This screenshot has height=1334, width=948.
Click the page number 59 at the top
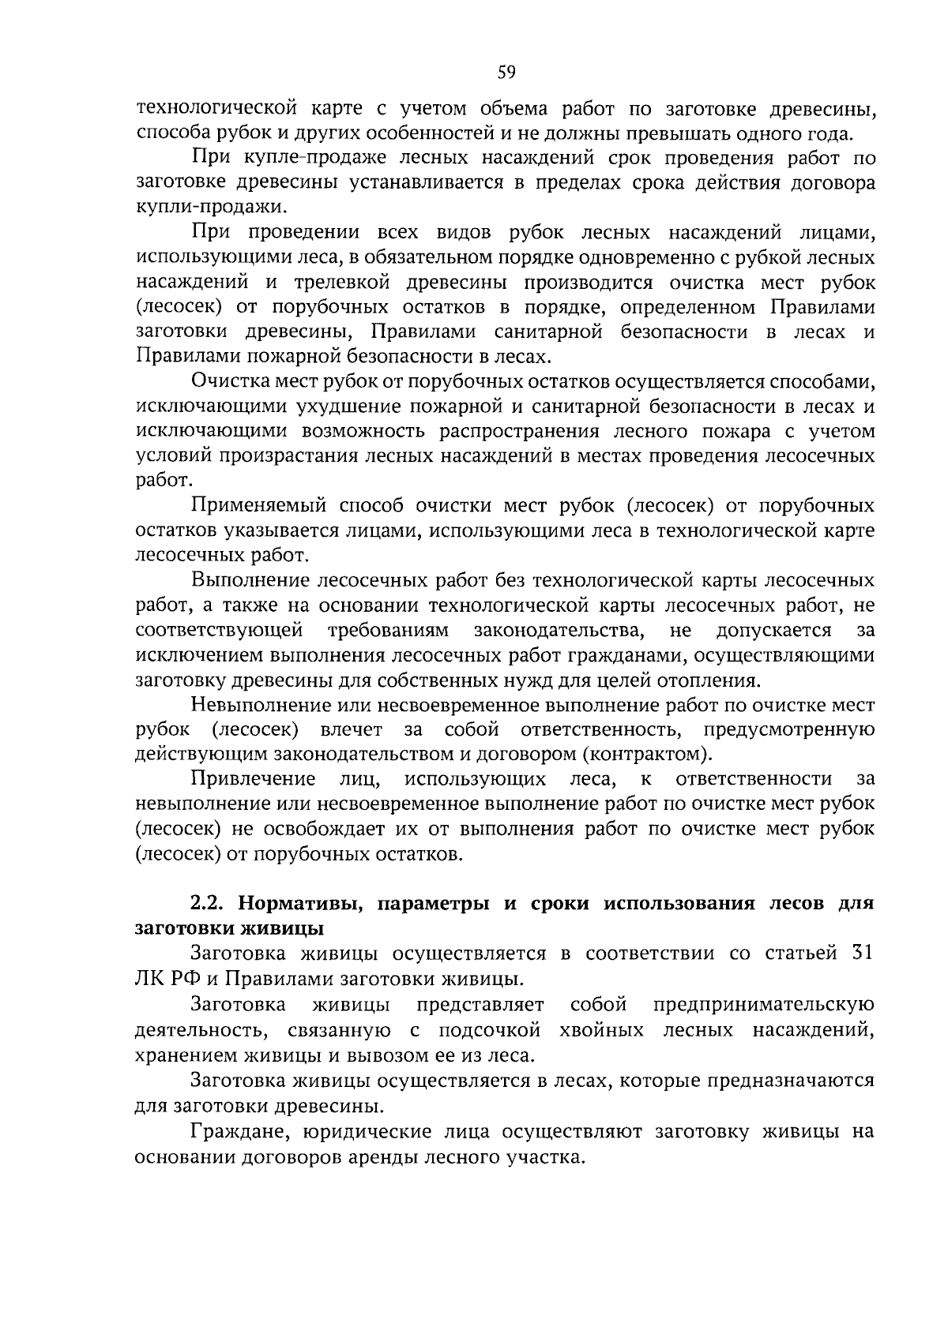coord(506,73)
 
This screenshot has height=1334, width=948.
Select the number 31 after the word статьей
coord(863,952)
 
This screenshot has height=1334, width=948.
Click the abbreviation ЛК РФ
coord(164,979)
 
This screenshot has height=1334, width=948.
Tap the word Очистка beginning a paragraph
coord(229,382)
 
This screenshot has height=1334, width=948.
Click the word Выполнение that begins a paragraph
coord(249,581)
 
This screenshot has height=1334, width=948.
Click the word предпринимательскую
coord(764,1004)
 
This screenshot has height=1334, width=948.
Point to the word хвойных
coord(597,1030)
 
